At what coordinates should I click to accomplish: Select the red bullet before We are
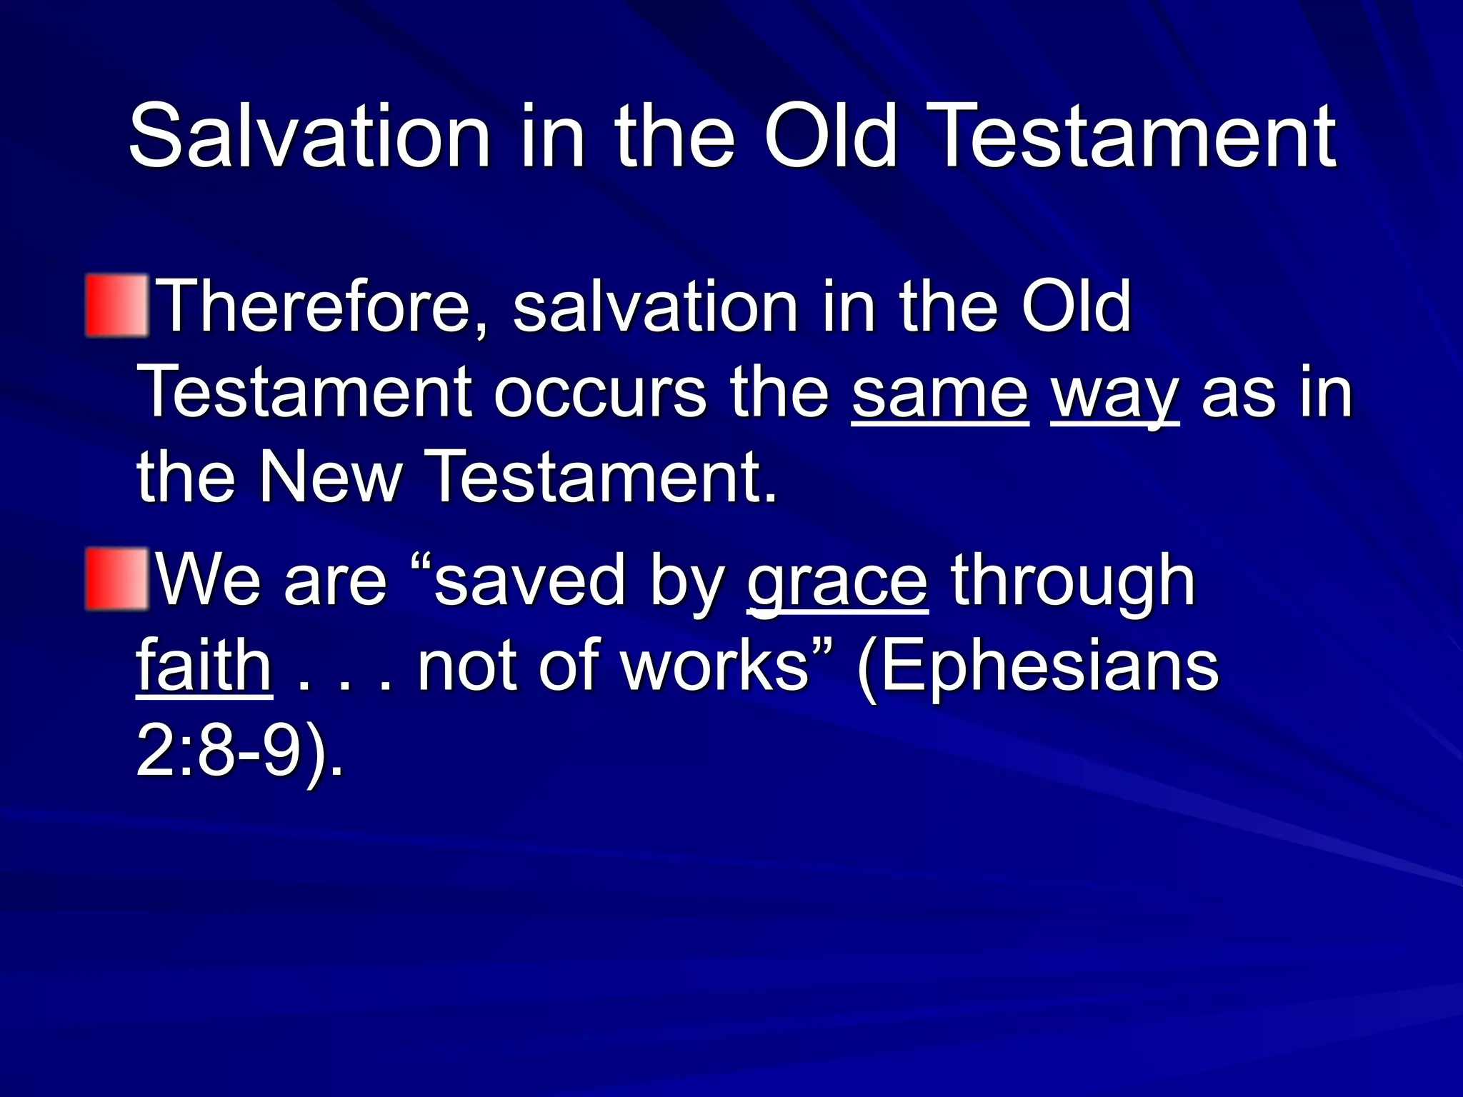(116, 578)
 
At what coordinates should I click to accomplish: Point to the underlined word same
(940, 393)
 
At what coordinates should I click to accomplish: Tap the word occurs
(600, 393)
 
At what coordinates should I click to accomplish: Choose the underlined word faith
(204, 666)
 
